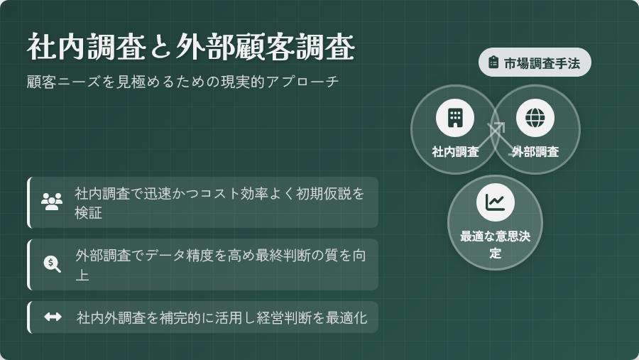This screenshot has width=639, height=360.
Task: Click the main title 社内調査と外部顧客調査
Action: [x=191, y=48]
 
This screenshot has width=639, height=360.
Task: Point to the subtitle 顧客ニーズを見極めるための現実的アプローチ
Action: [x=182, y=82]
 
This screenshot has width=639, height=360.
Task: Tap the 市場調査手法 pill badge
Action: [x=535, y=62]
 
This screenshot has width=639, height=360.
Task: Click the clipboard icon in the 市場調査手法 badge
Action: [x=493, y=62]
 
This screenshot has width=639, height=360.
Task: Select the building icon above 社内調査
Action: [x=455, y=119]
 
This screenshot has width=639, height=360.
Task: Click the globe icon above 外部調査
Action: [x=535, y=119]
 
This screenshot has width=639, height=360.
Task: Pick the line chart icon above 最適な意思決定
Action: [x=495, y=202]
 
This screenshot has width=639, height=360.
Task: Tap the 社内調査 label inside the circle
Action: [x=455, y=152]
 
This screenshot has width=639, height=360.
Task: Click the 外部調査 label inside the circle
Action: [x=535, y=152]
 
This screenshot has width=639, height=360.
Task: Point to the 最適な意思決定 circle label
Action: [x=495, y=245]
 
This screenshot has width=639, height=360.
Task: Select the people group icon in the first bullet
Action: [x=52, y=202]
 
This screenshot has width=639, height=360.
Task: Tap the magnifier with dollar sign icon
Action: [x=52, y=264]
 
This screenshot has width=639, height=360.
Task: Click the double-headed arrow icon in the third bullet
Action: [x=53, y=317]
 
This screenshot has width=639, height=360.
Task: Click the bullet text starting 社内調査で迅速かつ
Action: [x=219, y=202]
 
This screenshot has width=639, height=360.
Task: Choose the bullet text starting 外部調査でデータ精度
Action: [x=221, y=265]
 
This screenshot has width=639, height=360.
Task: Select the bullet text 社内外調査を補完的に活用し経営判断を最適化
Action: [x=222, y=317]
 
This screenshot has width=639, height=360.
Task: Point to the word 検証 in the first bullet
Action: [x=89, y=212]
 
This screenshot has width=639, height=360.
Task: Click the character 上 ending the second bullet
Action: [x=82, y=275]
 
